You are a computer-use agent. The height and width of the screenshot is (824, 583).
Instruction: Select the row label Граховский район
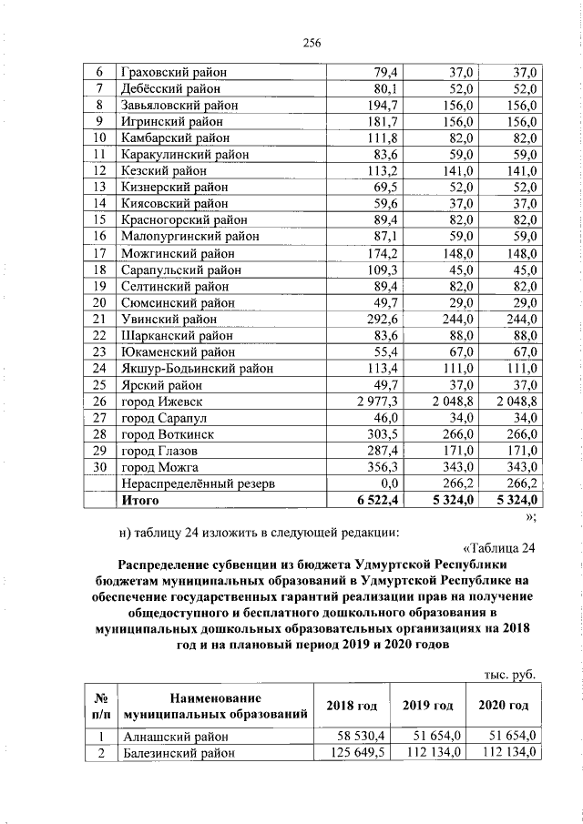[x=173, y=72]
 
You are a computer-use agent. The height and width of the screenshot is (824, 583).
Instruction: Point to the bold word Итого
[x=139, y=500]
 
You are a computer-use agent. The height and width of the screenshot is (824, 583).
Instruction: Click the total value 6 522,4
[x=376, y=500]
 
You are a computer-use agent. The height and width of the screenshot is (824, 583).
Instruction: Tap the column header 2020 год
[x=504, y=706]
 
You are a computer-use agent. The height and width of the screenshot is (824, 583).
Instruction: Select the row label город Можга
[x=159, y=467]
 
